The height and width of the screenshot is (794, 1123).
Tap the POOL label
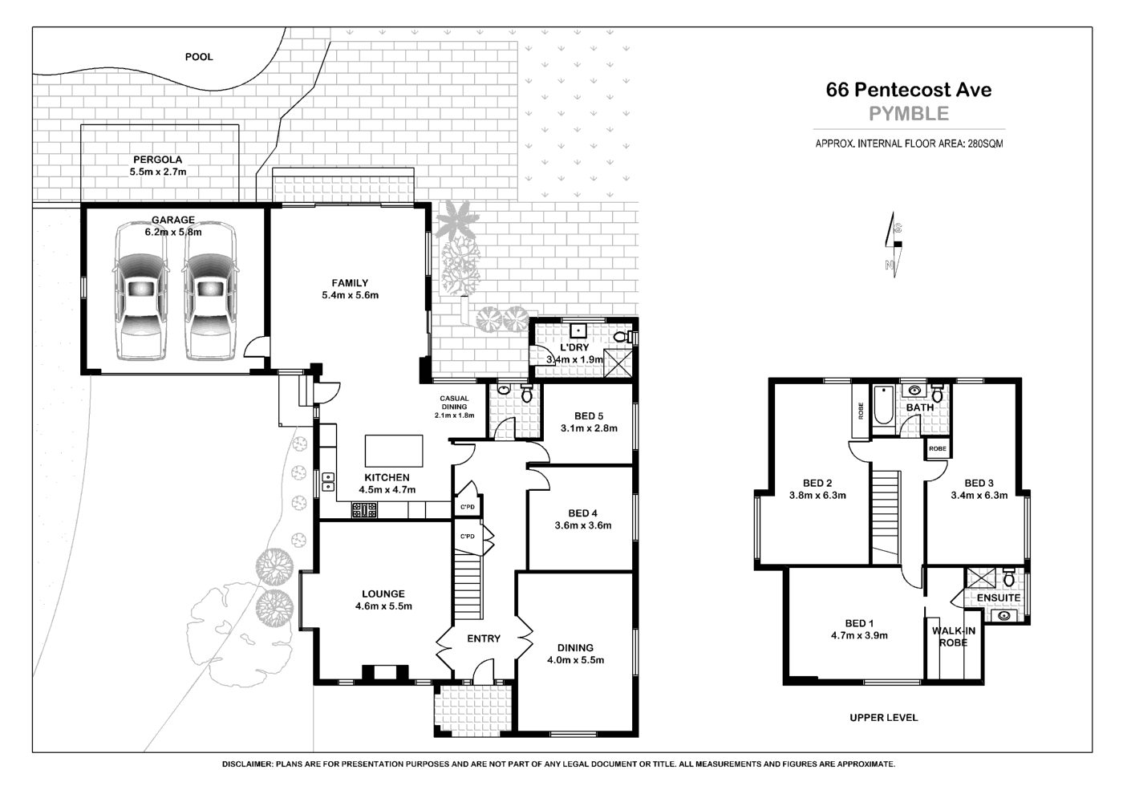pyautogui.click(x=199, y=57)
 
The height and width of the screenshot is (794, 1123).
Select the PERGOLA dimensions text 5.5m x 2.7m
pyautogui.click(x=158, y=172)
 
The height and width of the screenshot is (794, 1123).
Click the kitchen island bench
pyautogui.click(x=394, y=451)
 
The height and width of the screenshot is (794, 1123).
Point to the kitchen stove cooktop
pyautogui.click(x=364, y=508)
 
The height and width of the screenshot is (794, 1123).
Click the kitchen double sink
pyautogui.click(x=328, y=482)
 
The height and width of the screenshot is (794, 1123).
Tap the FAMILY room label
pyautogui.click(x=350, y=283)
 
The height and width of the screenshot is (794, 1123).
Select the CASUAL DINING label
pyautogui.click(x=454, y=403)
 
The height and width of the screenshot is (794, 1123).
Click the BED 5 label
pyautogui.click(x=589, y=416)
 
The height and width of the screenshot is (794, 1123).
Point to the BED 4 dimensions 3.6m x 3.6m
pyautogui.click(x=583, y=526)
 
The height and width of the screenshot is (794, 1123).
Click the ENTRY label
pyautogui.click(x=484, y=639)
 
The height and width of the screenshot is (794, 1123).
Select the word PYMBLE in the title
pyautogui.click(x=909, y=114)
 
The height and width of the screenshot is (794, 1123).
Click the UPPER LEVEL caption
pyautogui.click(x=883, y=718)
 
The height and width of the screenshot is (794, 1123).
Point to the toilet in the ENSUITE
pyautogui.click(x=1009, y=578)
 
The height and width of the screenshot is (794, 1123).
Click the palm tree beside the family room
pyautogui.click(x=457, y=218)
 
